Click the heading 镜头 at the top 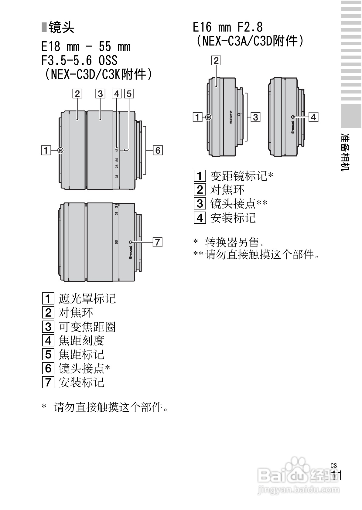click(x=61, y=28)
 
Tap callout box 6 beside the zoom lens click(x=158, y=150)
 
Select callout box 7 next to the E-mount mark click(x=158, y=242)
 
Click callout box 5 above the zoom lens click(x=129, y=93)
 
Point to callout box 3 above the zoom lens click(x=100, y=93)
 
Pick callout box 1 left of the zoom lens click(x=46, y=150)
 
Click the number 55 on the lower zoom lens click(x=117, y=242)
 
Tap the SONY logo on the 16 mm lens click(x=231, y=117)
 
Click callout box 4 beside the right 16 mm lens click(x=313, y=117)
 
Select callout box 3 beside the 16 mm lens click(x=255, y=117)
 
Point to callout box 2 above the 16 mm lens click(x=216, y=60)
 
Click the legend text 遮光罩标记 click(x=87, y=299)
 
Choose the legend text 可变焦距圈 click(x=87, y=327)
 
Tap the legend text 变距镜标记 click(x=239, y=176)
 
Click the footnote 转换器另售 click(x=232, y=242)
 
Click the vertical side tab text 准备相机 click(x=345, y=152)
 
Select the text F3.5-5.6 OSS click(x=79, y=60)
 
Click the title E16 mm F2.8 click(x=228, y=27)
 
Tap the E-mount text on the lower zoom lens click(x=131, y=252)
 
